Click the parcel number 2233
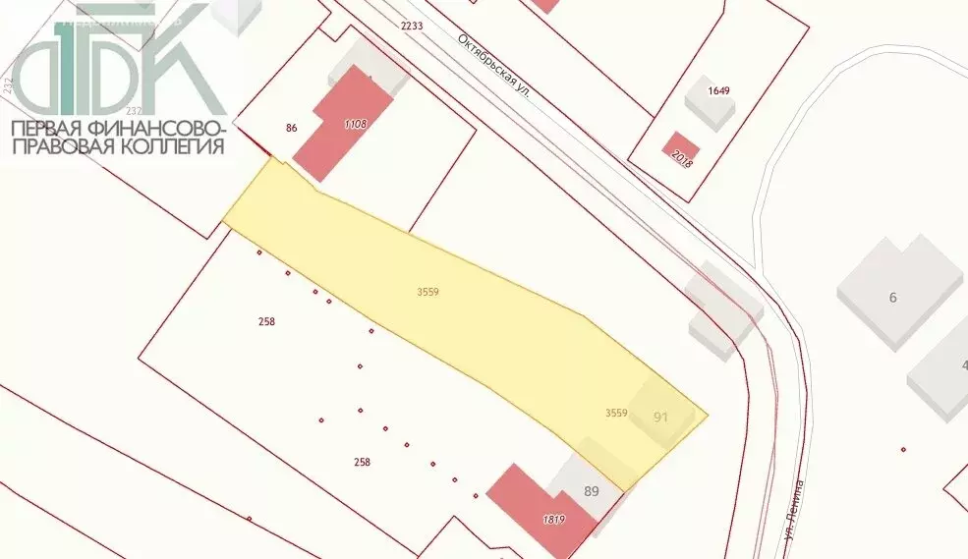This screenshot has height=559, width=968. tap(412, 26)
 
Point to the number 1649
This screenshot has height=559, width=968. tap(719, 90)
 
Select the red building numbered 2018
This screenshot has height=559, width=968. tap(679, 151)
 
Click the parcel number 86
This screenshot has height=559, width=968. tap(291, 128)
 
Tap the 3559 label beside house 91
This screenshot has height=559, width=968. tap(616, 414)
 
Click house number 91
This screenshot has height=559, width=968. tap(660, 417)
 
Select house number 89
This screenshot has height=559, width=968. tap(592, 491)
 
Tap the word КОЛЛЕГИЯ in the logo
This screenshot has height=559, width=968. tap(172, 147)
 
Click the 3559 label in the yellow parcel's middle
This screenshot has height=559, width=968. tap(427, 292)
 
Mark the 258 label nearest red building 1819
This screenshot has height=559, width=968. tap(362, 462)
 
